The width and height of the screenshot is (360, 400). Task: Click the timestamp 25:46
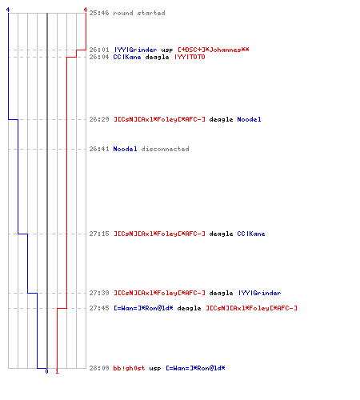coord(99,13)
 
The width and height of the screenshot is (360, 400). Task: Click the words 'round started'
coord(139,13)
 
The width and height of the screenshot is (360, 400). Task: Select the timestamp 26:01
coord(99,50)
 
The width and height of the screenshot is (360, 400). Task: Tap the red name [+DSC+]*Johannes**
coord(214,50)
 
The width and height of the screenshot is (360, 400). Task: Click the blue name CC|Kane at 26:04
coord(127,57)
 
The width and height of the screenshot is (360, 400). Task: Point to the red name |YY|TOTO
coord(190,57)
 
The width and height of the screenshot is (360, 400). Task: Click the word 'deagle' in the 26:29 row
coord(221,119)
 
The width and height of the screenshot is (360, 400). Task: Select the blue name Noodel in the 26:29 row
coord(249,119)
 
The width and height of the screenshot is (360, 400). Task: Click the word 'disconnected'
coord(165,149)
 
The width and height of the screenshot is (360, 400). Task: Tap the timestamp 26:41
coord(99,149)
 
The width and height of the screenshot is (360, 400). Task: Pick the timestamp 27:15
coord(99,234)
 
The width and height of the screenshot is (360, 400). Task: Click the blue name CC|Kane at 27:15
coord(251,234)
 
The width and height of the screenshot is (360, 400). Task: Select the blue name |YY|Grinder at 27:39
coord(260,293)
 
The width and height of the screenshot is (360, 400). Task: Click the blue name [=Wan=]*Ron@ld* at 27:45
coord(143,308)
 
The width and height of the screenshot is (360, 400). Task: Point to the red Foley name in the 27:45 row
coord(251,308)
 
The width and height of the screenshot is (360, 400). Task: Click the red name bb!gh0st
coord(129,368)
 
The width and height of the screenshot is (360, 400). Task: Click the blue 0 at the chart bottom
coord(46,371)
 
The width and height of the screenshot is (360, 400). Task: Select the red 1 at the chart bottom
coord(57,371)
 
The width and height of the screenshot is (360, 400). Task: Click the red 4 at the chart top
coord(86,10)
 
